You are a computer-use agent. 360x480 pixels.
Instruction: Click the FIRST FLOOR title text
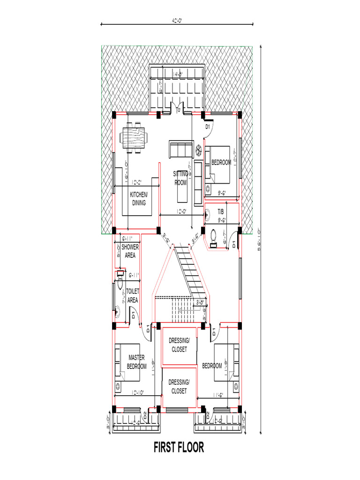pyautogui.click(x=179, y=448)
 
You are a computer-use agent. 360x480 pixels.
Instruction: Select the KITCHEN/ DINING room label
pyautogui.click(x=139, y=199)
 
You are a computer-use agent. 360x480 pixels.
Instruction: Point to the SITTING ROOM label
pyautogui.click(x=181, y=178)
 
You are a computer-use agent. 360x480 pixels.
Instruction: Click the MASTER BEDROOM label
pyautogui.click(x=137, y=362)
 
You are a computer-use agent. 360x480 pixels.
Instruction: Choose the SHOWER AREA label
pyautogui.click(x=130, y=251)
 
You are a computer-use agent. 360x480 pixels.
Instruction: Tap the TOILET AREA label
pyautogui.click(x=133, y=296)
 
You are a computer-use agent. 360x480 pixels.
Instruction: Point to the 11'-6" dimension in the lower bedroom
pyautogui.click(x=220, y=395)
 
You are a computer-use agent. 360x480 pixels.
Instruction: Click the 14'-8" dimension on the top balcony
pyautogui.click(x=177, y=74)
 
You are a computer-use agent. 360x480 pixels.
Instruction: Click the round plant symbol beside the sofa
pyautogui.click(x=199, y=149)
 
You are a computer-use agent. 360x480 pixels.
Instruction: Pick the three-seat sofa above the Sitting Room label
pyautogui.click(x=180, y=150)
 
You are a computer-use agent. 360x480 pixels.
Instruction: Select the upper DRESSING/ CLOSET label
pyautogui.click(x=179, y=345)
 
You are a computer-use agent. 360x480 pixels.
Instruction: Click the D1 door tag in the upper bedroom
pyautogui.click(x=208, y=127)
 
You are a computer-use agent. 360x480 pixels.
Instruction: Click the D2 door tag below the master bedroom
pyautogui.click(x=145, y=414)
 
